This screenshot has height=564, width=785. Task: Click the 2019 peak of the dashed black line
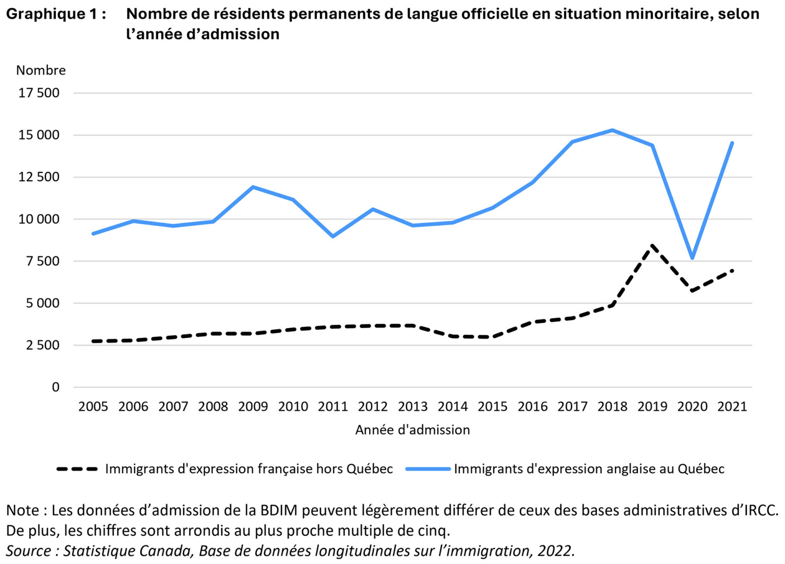pyautogui.click(x=652, y=245)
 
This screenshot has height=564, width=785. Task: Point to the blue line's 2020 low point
pyautogui.click(x=693, y=258)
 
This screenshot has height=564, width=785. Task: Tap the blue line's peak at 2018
pyautogui.click(x=612, y=130)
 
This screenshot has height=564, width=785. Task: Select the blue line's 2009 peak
pyautogui.click(x=253, y=187)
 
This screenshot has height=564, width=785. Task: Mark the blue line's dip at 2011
pyautogui.click(x=333, y=237)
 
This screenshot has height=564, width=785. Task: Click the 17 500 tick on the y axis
pyautogui.click(x=39, y=93)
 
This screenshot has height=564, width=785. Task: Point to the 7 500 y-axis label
pyautogui.click(x=43, y=261)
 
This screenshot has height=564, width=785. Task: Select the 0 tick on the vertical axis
pyautogui.click(x=56, y=387)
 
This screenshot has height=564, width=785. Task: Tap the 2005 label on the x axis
pyautogui.click(x=93, y=406)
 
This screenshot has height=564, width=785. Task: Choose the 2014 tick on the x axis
pyautogui.click(x=453, y=406)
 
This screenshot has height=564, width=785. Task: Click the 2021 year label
pyautogui.click(x=732, y=406)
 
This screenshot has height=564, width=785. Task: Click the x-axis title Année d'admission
pyautogui.click(x=412, y=430)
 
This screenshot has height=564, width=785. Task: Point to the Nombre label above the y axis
pyautogui.click(x=41, y=70)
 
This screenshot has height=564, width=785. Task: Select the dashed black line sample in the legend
pyautogui.click(x=77, y=469)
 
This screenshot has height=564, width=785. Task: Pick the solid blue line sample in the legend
pyautogui.click(x=428, y=469)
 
